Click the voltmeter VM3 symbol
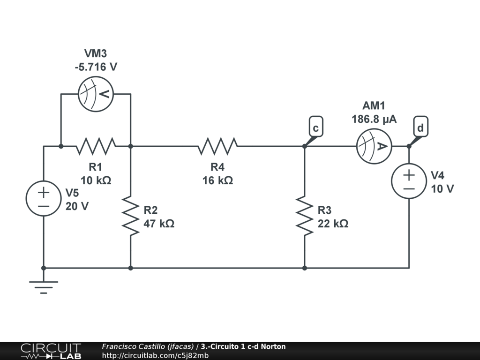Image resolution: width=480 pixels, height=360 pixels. [x=96, y=94]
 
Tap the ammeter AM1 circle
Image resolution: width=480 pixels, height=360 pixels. [x=374, y=146]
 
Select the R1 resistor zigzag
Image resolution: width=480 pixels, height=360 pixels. [x=96, y=146]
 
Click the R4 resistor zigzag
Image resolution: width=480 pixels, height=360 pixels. [x=217, y=146]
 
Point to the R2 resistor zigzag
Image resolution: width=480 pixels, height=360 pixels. [x=130, y=216]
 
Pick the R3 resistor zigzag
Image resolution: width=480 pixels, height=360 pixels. [x=304, y=216]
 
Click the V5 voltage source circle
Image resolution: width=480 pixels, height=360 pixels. [x=44, y=199]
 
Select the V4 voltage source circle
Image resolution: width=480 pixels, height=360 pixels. [x=409, y=181]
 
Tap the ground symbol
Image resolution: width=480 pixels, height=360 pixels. [x=44, y=285]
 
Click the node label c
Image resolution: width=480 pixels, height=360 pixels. [x=316, y=128]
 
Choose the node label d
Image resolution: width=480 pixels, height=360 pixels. [x=420, y=128]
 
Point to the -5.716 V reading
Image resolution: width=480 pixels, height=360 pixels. [x=96, y=67]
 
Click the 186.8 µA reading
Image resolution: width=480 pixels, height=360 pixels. [x=374, y=120]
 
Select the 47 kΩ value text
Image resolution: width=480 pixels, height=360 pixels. [x=159, y=224]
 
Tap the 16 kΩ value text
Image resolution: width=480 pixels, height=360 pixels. [x=217, y=180]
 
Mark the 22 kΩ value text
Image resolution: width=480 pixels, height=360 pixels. [x=333, y=224]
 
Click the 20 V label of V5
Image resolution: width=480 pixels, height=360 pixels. [x=77, y=206]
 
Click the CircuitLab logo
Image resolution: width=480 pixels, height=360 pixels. [x=51, y=351]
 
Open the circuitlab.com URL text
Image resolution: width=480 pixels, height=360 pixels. [x=155, y=355]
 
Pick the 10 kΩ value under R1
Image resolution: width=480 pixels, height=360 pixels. [x=96, y=180]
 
